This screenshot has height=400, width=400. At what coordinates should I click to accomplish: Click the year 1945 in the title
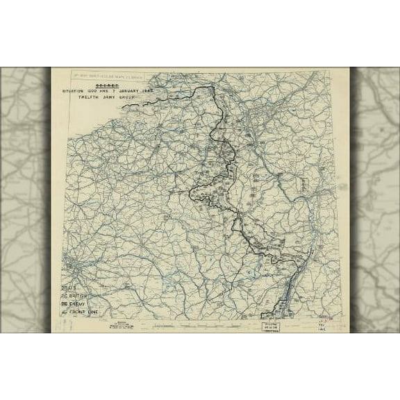[148, 91]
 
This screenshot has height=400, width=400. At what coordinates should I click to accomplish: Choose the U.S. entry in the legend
[68, 288]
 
